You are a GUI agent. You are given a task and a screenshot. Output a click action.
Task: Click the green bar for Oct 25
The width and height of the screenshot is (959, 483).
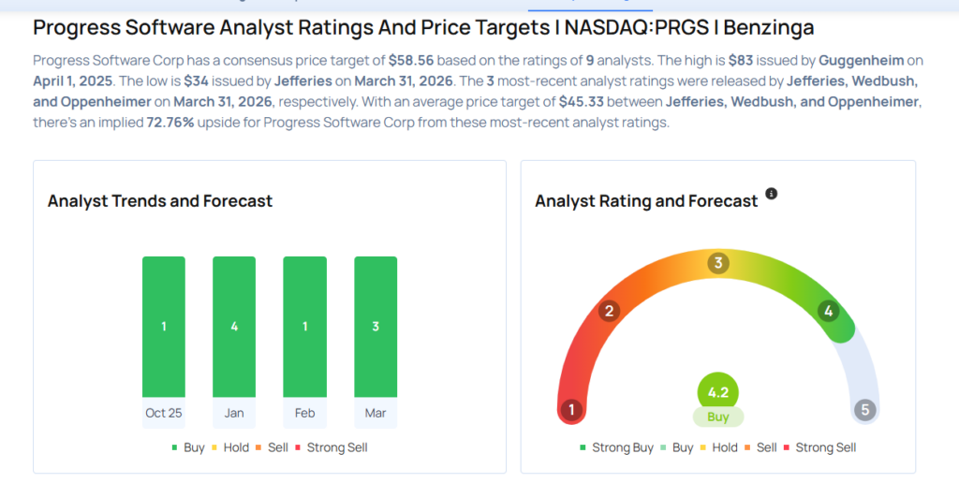pyautogui.click(x=164, y=327)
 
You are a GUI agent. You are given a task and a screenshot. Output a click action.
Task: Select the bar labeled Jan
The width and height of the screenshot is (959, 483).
pyautogui.click(x=234, y=327)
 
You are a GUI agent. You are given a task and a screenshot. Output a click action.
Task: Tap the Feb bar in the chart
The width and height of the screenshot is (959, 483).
pyautogui.click(x=304, y=327)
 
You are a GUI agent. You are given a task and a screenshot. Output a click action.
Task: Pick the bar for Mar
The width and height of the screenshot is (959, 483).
pyautogui.click(x=376, y=327)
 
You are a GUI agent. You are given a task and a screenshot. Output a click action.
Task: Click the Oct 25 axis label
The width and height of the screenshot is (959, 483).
pyautogui.click(x=164, y=413)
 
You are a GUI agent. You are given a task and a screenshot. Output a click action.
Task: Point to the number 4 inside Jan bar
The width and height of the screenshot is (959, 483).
pyautogui.click(x=234, y=327)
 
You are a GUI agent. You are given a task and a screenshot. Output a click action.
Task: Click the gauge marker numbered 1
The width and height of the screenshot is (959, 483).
pyautogui.click(x=571, y=410)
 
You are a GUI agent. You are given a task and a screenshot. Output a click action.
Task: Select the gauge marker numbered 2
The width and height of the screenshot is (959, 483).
pyautogui.click(x=609, y=311)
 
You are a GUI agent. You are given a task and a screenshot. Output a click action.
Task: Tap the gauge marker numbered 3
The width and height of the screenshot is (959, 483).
pyautogui.click(x=718, y=263)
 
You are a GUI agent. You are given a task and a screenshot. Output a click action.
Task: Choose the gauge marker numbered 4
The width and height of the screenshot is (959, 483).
pyautogui.click(x=828, y=311)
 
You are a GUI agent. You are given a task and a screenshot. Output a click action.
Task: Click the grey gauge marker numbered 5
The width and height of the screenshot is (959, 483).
pyautogui.click(x=865, y=410)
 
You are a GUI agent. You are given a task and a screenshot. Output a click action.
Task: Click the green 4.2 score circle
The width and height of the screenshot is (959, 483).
pyautogui.click(x=718, y=392)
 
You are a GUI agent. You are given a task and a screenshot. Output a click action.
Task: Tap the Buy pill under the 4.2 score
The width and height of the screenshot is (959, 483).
pyautogui.click(x=718, y=417)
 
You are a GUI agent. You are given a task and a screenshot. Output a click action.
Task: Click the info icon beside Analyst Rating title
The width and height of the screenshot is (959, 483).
pyautogui.click(x=772, y=194)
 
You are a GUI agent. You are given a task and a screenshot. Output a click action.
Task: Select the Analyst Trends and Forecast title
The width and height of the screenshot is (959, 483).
pyautogui.click(x=160, y=201)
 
